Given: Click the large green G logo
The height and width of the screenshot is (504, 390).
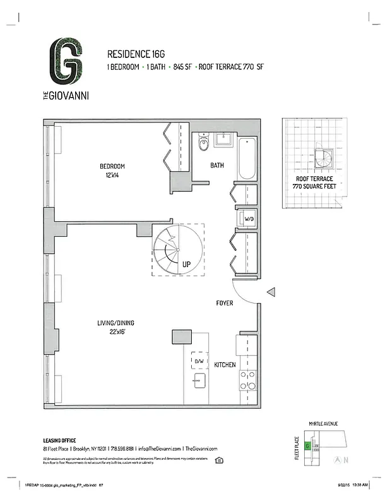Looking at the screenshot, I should pyautogui.click(x=66, y=62).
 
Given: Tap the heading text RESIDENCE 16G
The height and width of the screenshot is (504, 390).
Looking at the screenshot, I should pyautogui.click(x=134, y=54).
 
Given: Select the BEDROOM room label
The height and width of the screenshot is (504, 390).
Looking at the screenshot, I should pyautogui.click(x=112, y=166).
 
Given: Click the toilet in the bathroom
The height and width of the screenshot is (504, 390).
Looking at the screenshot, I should pyautogui.click(x=203, y=144).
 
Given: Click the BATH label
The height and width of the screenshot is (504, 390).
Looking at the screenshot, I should pyautogui.click(x=218, y=166).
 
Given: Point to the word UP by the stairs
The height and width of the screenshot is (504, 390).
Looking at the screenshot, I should pyautogui.click(x=186, y=265).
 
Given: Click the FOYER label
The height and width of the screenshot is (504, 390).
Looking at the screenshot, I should pyautogui.click(x=224, y=303).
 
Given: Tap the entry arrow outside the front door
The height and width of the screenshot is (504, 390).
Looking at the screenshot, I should pyautogui.click(x=271, y=292).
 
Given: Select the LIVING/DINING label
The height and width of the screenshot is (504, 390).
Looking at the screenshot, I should pyautogui.click(x=115, y=323).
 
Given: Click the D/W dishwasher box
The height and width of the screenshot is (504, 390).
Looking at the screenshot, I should pyautogui.click(x=199, y=360).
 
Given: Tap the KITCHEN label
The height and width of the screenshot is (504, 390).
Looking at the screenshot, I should pyautogui.click(x=225, y=365).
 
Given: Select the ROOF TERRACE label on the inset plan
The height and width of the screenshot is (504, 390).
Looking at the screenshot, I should pyautogui.click(x=314, y=179).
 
